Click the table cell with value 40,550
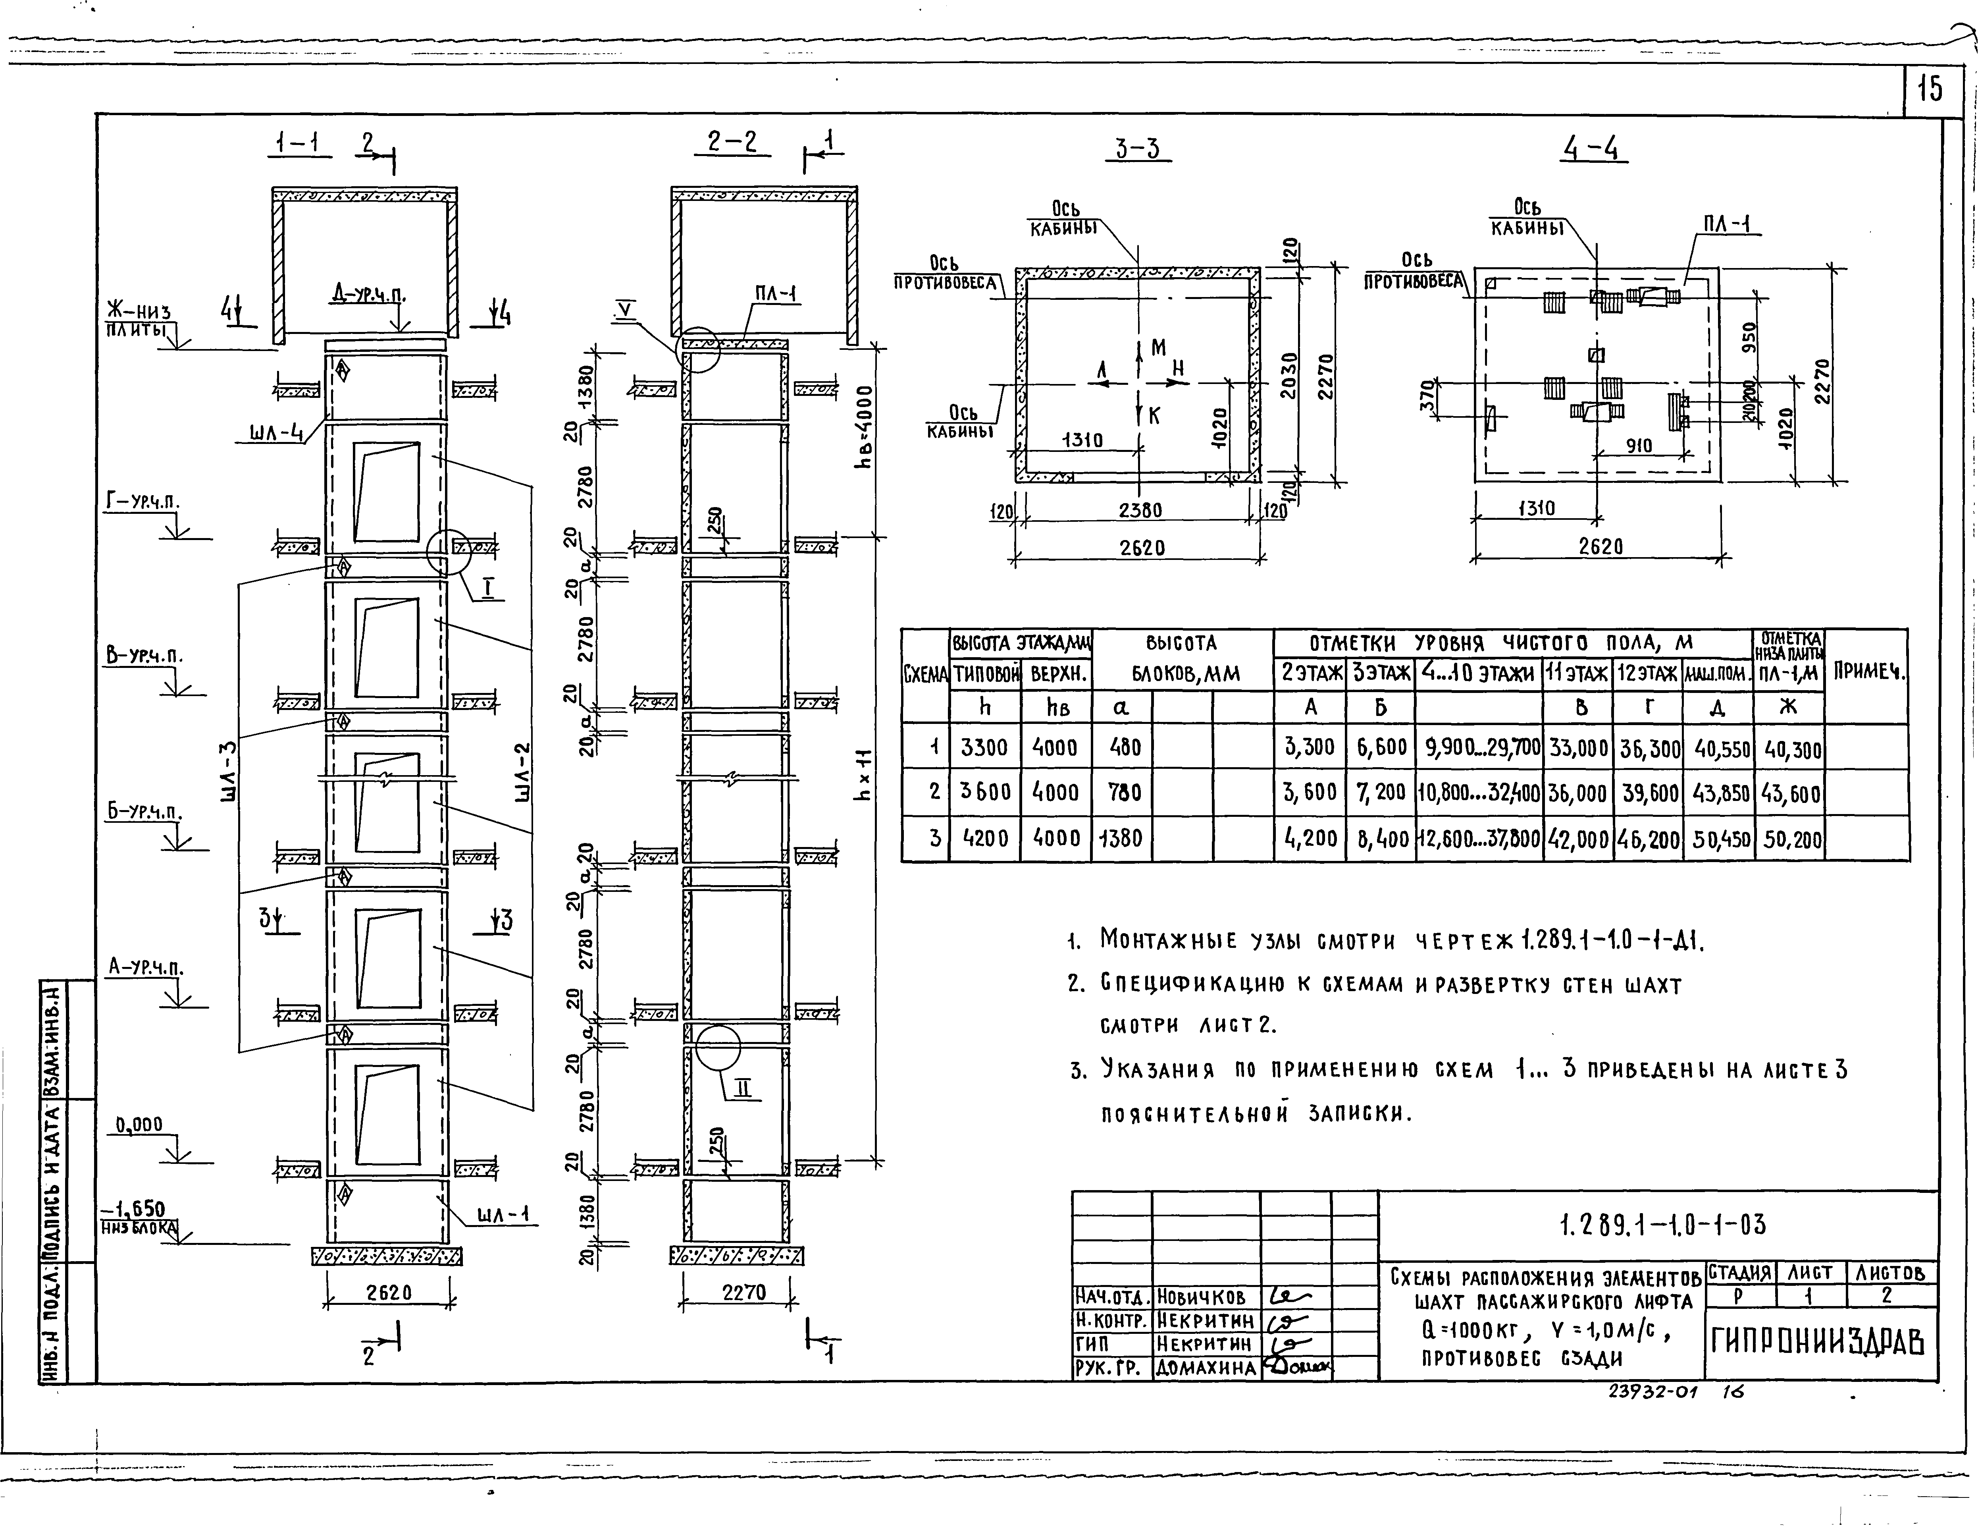[1717, 747]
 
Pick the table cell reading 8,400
[1380, 838]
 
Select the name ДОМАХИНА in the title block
[1206, 1368]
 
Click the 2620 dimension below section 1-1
[389, 1293]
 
